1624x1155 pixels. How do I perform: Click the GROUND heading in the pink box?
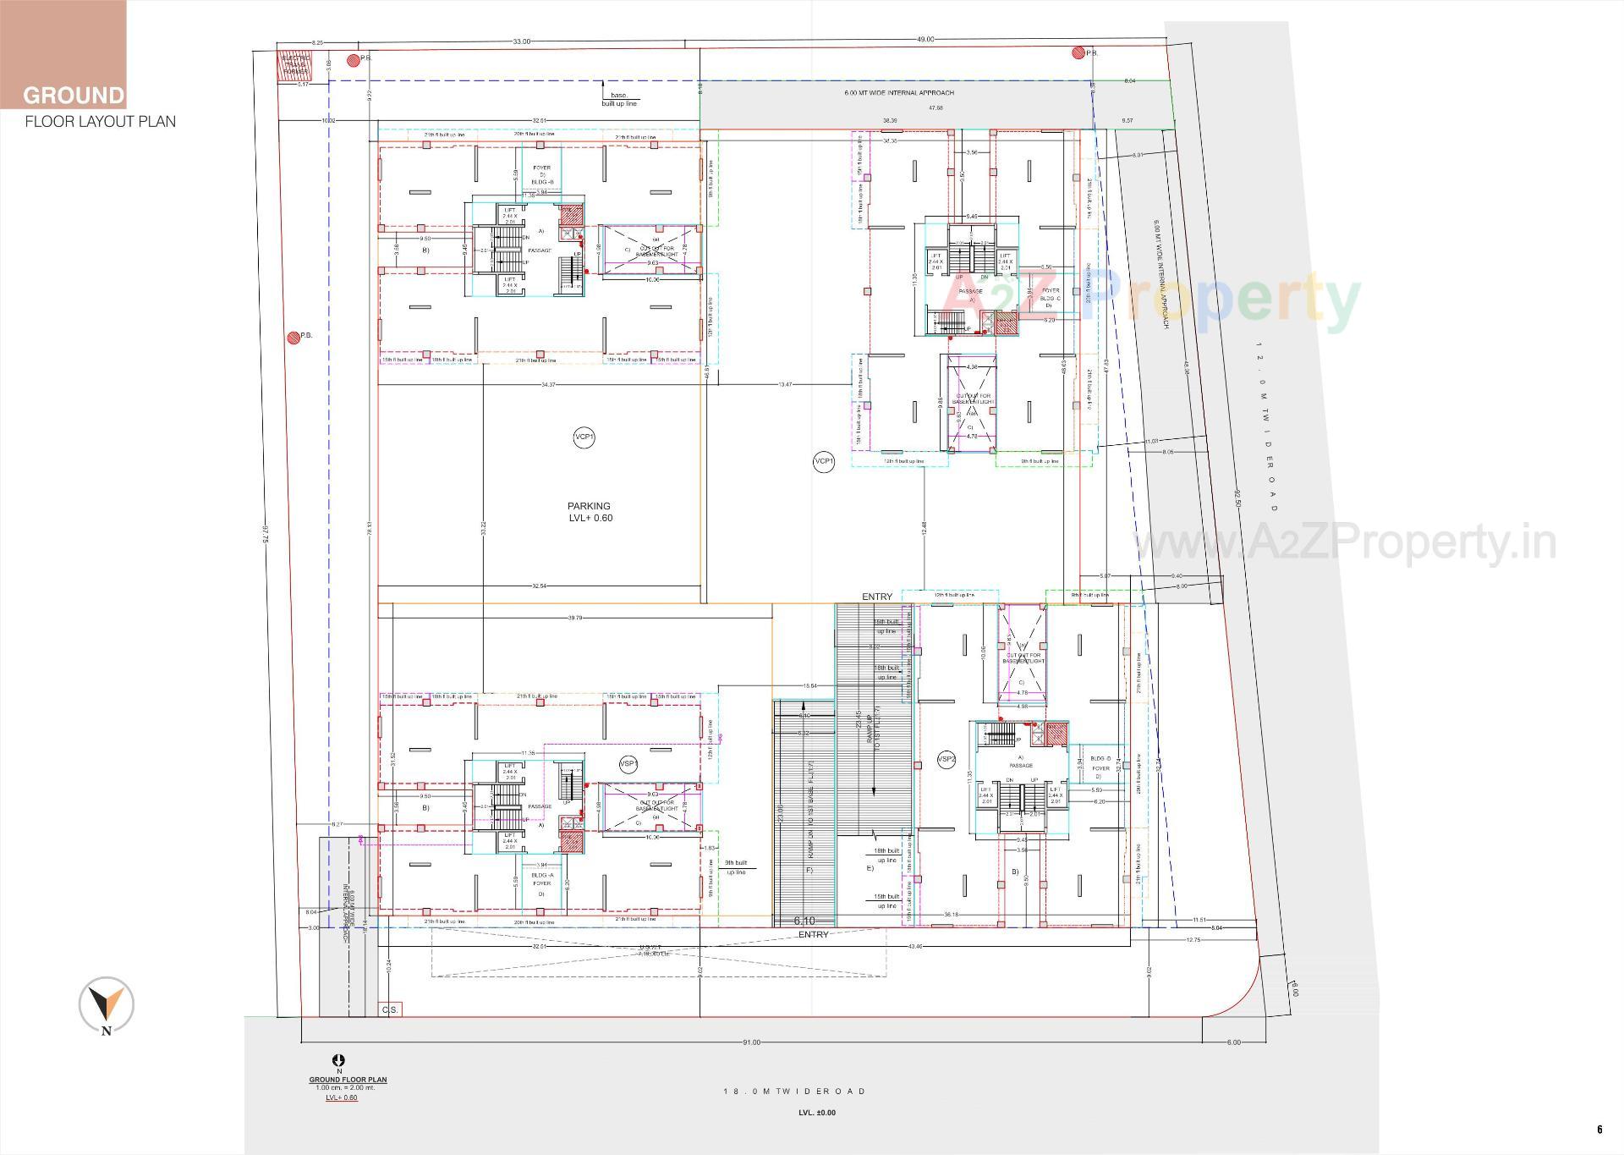pyautogui.click(x=74, y=95)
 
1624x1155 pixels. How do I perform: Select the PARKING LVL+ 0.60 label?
pyautogui.click(x=590, y=512)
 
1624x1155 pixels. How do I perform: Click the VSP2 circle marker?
pyautogui.click(x=946, y=760)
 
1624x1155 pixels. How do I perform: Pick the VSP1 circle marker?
pyautogui.click(x=628, y=764)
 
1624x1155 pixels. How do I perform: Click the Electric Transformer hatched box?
pyautogui.click(x=295, y=65)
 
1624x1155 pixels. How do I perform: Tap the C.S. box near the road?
pyautogui.click(x=390, y=1009)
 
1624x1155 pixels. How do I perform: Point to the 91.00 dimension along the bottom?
pyautogui.click(x=750, y=1042)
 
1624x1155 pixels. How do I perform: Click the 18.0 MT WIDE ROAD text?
pyautogui.click(x=794, y=1092)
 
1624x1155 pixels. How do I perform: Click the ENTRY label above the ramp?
pyautogui.click(x=877, y=597)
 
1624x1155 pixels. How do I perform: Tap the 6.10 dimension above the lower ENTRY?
pyautogui.click(x=804, y=921)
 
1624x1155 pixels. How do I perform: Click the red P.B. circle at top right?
pyautogui.click(x=1078, y=53)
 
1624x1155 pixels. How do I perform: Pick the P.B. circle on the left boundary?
pyautogui.click(x=294, y=337)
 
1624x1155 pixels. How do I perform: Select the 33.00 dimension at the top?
pyautogui.click(x=522, y=41)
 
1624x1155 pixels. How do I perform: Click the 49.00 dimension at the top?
pyautogui.click(x=925, y=40)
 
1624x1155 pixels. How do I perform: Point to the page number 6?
pyautogui.click(x=1599, y=1130)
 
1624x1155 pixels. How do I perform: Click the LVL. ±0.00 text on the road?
pyautogui.click(x=817, y=1113)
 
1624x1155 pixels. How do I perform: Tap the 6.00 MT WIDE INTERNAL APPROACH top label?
pyautogui.click(x=898, y=93)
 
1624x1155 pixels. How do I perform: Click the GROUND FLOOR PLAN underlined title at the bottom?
pyautogui.click(x=348, y=1080)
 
